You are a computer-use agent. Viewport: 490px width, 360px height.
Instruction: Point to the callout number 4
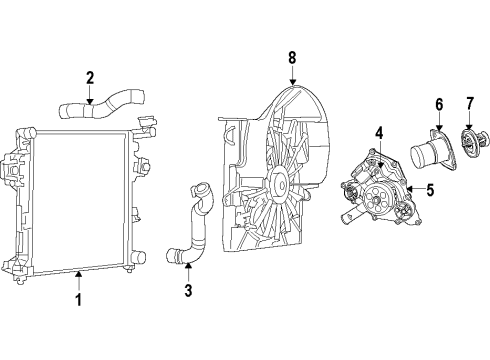[x=379, y=131]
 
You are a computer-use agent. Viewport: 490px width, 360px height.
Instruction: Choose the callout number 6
[x=437, y=104]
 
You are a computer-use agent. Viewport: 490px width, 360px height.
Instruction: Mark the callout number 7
[x=468, y=104]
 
